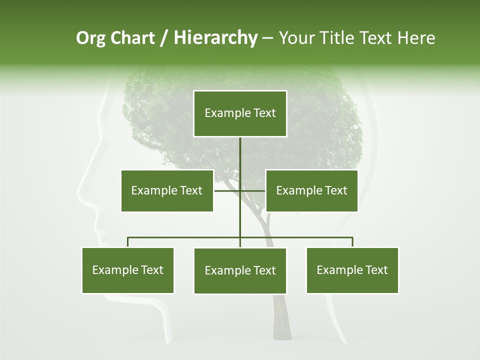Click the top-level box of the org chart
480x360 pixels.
[240, 113]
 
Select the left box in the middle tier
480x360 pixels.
[167, 190]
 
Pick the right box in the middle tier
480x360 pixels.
[311, 190]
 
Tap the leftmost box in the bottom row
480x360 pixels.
[128, 270]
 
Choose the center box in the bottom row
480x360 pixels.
[240, 270]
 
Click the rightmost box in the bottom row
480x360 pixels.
[352, 270]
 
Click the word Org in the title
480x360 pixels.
[90, 38]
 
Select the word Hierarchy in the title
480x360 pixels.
[215, 38]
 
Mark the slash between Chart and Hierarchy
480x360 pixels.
[164, 38]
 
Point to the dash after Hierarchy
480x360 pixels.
[267, 38]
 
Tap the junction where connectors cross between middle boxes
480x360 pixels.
[240, 190]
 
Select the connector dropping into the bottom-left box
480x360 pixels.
[128, 242]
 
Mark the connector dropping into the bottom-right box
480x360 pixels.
[352, 242]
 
